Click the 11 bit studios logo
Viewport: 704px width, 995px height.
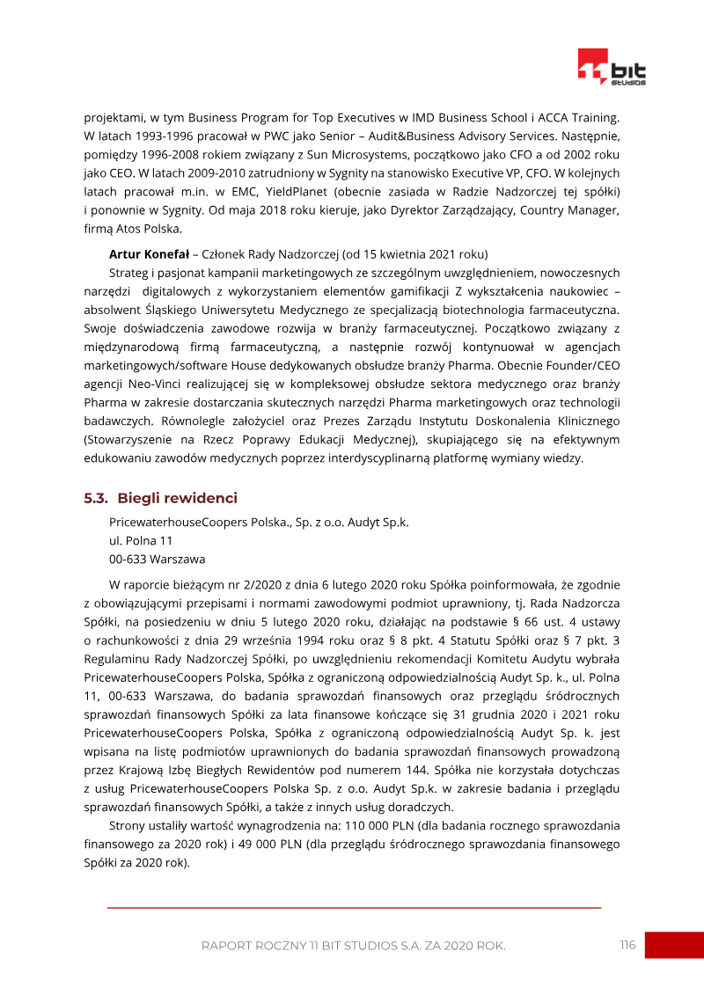pos(612,68)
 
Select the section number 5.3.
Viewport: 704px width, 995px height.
pos(96,498)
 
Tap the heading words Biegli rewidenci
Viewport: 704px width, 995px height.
pos(177,498)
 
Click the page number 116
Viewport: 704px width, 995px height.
pos(627,945)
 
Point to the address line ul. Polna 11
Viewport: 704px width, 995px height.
pos(141,540)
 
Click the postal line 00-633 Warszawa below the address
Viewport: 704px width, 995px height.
pos(157,559)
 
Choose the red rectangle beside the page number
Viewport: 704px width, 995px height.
pos(674,945)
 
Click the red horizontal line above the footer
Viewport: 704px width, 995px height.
pos(354,907)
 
